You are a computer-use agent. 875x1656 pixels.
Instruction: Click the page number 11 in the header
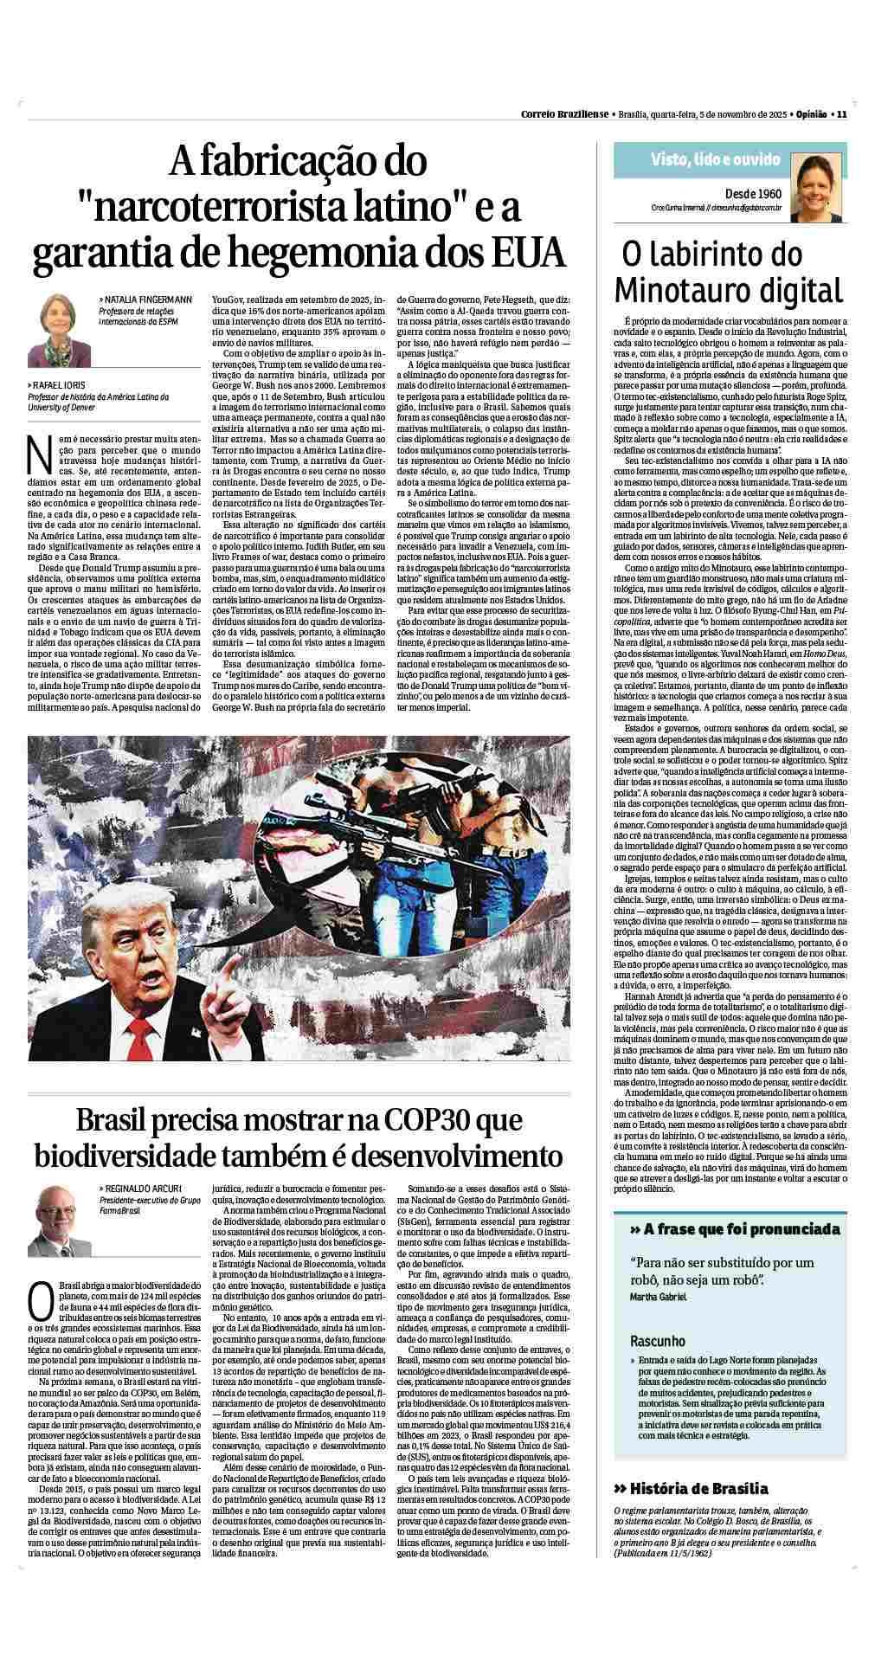point(840,113)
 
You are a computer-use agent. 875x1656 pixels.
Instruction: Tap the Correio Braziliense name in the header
point(563,113)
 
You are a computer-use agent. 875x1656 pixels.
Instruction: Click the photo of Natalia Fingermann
point(59,329)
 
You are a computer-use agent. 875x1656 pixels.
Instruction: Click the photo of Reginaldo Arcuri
point(60,1221)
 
